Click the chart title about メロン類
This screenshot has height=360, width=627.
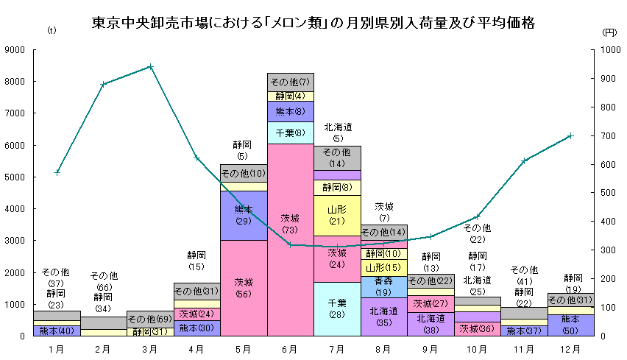click(x=313, y=23)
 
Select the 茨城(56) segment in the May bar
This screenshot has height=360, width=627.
click(x=244, y=287)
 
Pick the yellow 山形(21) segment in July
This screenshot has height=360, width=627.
click(x=337, y=215)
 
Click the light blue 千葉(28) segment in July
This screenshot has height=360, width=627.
click(x=337, y=308)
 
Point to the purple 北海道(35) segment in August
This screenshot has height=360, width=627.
click(x=384, y=317)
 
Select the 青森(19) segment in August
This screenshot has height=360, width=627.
click(x=384, y=286)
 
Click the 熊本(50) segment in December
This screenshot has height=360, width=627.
click(x=571, y=324)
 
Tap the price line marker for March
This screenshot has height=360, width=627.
click(x=150, y=66)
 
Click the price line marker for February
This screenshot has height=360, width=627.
click(x=104, y=84)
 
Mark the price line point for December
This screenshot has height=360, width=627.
click(x=570, y=135)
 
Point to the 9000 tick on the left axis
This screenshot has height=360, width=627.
click(x=16, y=50)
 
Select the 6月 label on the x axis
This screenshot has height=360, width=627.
click(x=291, y=347)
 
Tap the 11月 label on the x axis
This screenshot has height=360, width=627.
click(x=524, y=347)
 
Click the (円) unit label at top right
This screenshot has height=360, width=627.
click(x=609, y=32)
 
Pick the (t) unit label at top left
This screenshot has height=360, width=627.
click(x=52, y=32)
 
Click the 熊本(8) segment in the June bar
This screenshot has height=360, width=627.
click(x=291, y=111)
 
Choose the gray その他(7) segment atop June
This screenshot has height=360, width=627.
click(x=291, y=82)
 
